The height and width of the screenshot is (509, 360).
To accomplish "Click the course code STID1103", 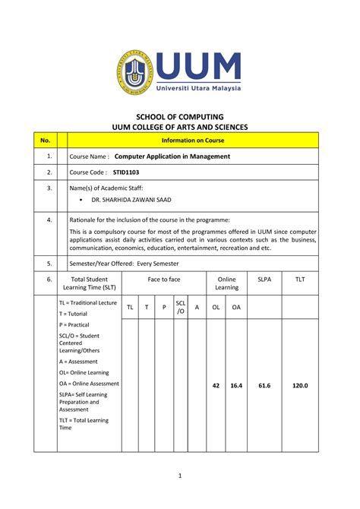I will tap(127, 172).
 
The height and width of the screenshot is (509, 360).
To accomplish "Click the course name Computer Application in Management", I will tap(172, 156).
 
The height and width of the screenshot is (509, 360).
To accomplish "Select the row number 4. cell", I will tap(49, 220).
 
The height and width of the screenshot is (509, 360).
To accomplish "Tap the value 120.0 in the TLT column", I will tap(300, 386).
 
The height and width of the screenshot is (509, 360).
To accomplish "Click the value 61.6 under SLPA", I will tap(264, 386).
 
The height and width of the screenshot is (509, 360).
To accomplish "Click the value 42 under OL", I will tap(216, 386).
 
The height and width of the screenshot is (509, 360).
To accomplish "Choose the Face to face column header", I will tap(163, 280).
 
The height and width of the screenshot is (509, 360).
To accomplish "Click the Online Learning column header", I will tap(226, 283).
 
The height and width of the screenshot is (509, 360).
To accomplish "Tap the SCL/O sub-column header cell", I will tap(180, 307).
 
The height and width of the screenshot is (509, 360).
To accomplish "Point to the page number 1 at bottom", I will tap(181, 476).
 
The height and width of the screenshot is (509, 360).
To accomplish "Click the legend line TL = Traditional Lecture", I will tap(88, 302).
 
